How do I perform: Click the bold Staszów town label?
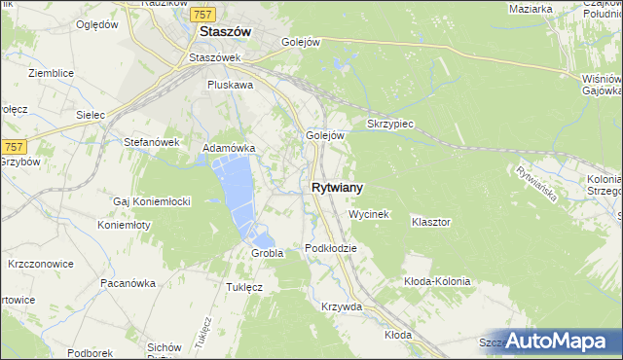(x=225, y=31)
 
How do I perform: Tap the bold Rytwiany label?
(x=339, y=188)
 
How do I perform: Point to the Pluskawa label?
(x=230, y=85)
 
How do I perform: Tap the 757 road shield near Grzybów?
(x=12, y=145)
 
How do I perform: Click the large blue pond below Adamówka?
(x=238, y=190)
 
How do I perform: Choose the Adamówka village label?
(x=228, y=148)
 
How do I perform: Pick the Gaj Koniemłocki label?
(x=151, y=201)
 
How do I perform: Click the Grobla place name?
(x=267, y=253)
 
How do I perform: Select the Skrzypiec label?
(x=391, y=126)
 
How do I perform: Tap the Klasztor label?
(x=430, y=222)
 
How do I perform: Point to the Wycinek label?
(x=369, y=213)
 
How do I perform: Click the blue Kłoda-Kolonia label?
(x=437, y=281)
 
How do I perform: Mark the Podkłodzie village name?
(x=331, y=248)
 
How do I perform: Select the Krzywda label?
(x=342, y=306)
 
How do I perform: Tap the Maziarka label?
(x=531, y=9)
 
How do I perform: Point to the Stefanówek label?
(x=149, y=141)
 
